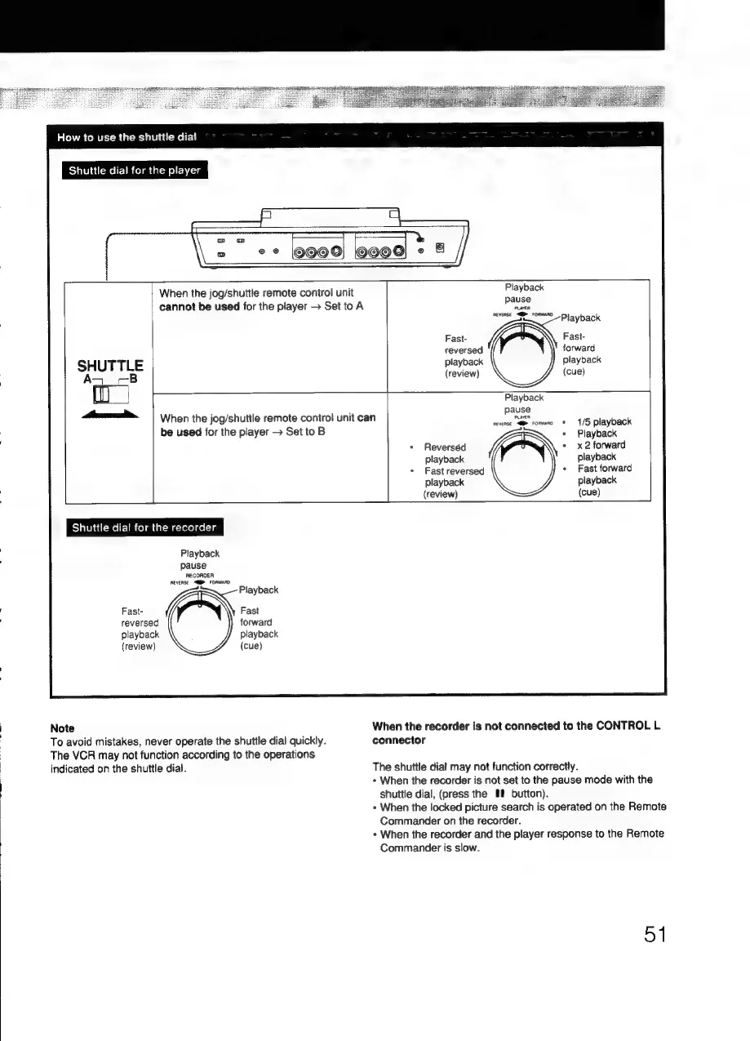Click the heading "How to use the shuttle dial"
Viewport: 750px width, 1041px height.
(126, 136)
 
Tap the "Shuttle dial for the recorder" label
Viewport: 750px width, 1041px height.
(143, 527)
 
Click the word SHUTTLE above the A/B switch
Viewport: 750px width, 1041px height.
(110, 365)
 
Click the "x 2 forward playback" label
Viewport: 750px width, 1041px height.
(602, 451)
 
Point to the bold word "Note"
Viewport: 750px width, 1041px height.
(62, 727)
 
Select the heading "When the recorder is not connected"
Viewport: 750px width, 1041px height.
(515, 732)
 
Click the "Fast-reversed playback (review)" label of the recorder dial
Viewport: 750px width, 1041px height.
(140, 628)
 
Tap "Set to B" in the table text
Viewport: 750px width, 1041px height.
(302, 430)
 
